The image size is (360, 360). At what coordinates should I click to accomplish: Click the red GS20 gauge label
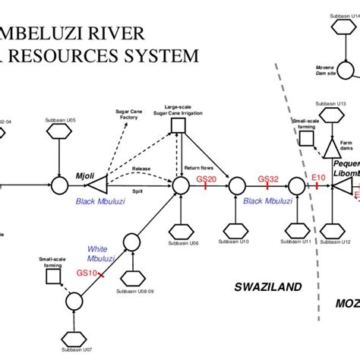pos(206,178)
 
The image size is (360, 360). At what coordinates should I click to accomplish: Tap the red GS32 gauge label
pos(268,179)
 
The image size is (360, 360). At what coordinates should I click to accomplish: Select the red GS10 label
pos(87,273)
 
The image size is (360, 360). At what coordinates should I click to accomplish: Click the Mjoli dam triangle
pos(97,184)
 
